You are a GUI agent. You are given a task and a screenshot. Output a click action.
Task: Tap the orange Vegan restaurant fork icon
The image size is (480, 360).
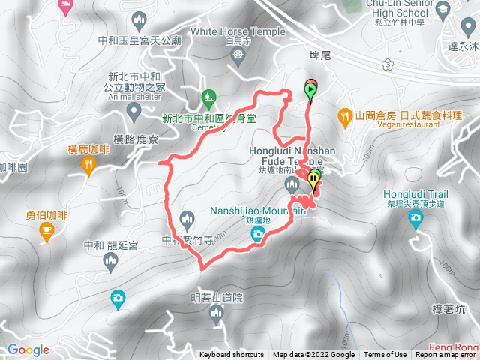point(345,115)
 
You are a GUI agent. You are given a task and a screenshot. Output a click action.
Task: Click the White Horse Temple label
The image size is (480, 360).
point(238,31)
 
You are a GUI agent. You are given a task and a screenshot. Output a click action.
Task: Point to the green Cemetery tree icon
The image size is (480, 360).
point(209,97)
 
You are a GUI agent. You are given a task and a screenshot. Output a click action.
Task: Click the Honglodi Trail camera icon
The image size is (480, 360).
point(415,218)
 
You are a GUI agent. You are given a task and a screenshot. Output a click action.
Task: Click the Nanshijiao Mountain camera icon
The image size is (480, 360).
point(257,235)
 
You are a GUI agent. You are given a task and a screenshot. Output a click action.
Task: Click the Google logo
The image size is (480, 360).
point(28,349)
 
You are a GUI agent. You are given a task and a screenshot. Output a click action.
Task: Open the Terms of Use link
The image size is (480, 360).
point(385,355)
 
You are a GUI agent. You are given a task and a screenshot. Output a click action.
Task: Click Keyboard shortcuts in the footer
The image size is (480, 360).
point(232,355)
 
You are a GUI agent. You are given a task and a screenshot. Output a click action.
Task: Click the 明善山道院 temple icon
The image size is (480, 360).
point(217,316)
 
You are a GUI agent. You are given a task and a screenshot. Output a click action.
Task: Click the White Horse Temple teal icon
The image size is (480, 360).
point(238,55)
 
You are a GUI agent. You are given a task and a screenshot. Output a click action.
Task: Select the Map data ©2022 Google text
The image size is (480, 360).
point(313,355)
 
